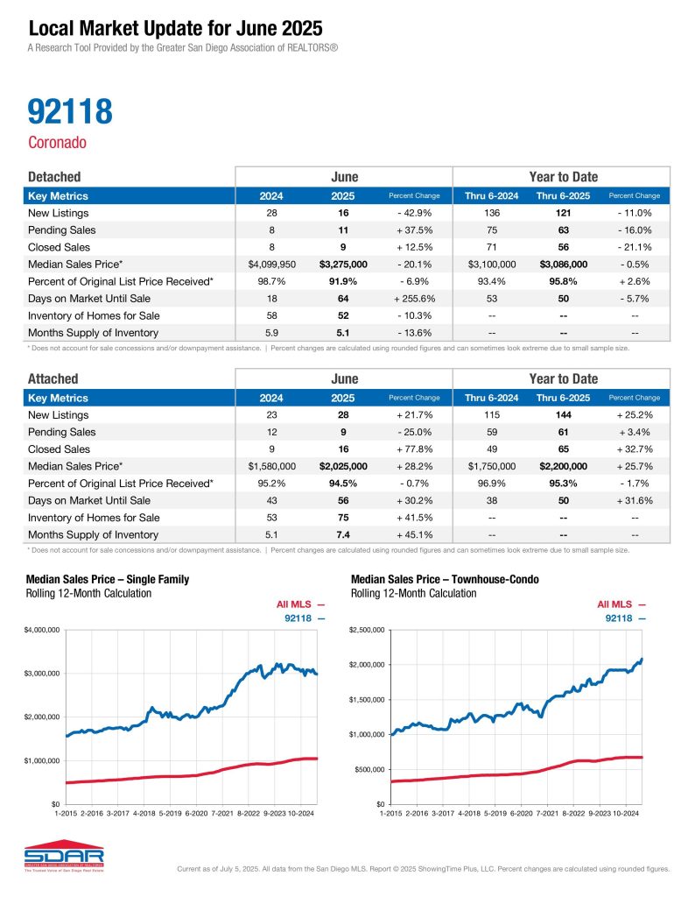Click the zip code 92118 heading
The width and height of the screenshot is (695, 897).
[70, 111]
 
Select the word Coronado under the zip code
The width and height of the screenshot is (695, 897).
[57, 143]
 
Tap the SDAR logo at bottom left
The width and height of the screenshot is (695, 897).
[65, 858]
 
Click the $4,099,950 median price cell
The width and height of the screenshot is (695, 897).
[271, 264]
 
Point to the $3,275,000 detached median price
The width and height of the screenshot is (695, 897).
[343, 264]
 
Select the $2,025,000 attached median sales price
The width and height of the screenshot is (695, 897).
[343, 465]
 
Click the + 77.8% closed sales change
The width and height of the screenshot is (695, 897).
[414, 448]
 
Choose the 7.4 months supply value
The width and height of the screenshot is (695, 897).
[343, 533]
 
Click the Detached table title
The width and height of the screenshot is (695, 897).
[54, 177]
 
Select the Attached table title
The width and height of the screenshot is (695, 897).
[53, 378]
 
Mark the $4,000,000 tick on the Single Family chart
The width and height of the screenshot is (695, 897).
[41, 630]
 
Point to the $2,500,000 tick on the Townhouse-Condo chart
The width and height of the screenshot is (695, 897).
[367, 630]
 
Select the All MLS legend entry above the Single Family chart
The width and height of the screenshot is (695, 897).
[300, 604]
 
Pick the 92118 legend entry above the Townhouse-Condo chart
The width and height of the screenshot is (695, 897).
[625, 618]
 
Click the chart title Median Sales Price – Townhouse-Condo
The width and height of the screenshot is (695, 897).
[445, 580]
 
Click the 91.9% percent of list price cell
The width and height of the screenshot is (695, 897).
[343, 280]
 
